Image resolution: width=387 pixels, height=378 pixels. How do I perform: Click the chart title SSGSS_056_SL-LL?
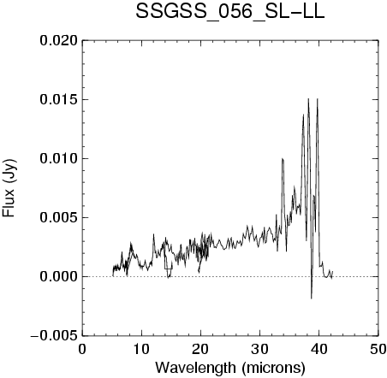230,13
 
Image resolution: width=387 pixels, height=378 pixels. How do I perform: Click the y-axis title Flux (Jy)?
9,188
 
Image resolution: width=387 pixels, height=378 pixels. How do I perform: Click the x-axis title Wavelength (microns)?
230,368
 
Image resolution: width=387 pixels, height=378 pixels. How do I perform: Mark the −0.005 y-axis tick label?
54,335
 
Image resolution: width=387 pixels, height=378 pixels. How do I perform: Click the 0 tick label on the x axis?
82,349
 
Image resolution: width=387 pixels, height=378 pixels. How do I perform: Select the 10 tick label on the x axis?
141,349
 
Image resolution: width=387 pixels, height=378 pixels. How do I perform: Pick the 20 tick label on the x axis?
200,349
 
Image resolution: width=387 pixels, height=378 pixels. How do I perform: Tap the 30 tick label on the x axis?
260,349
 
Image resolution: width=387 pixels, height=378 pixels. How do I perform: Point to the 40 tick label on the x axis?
319,349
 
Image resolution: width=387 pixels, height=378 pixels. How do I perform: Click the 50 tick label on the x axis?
378,349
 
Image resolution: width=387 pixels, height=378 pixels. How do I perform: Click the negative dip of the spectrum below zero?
312,298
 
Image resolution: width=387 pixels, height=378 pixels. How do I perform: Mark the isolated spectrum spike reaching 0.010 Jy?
283,159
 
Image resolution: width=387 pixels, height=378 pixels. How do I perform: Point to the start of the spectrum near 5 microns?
113,276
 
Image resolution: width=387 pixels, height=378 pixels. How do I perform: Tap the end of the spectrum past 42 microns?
333,271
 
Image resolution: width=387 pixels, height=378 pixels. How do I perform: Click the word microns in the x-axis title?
273,368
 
